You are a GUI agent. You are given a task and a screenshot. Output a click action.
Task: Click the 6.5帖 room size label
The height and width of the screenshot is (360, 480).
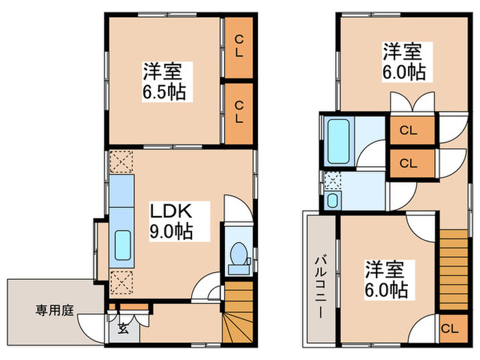tap(164, 93)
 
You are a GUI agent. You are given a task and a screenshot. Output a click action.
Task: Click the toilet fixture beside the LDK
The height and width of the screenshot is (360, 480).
tap(238, 258)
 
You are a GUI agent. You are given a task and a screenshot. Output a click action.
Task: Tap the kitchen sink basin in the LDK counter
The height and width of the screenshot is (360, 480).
tap(123, 245)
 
